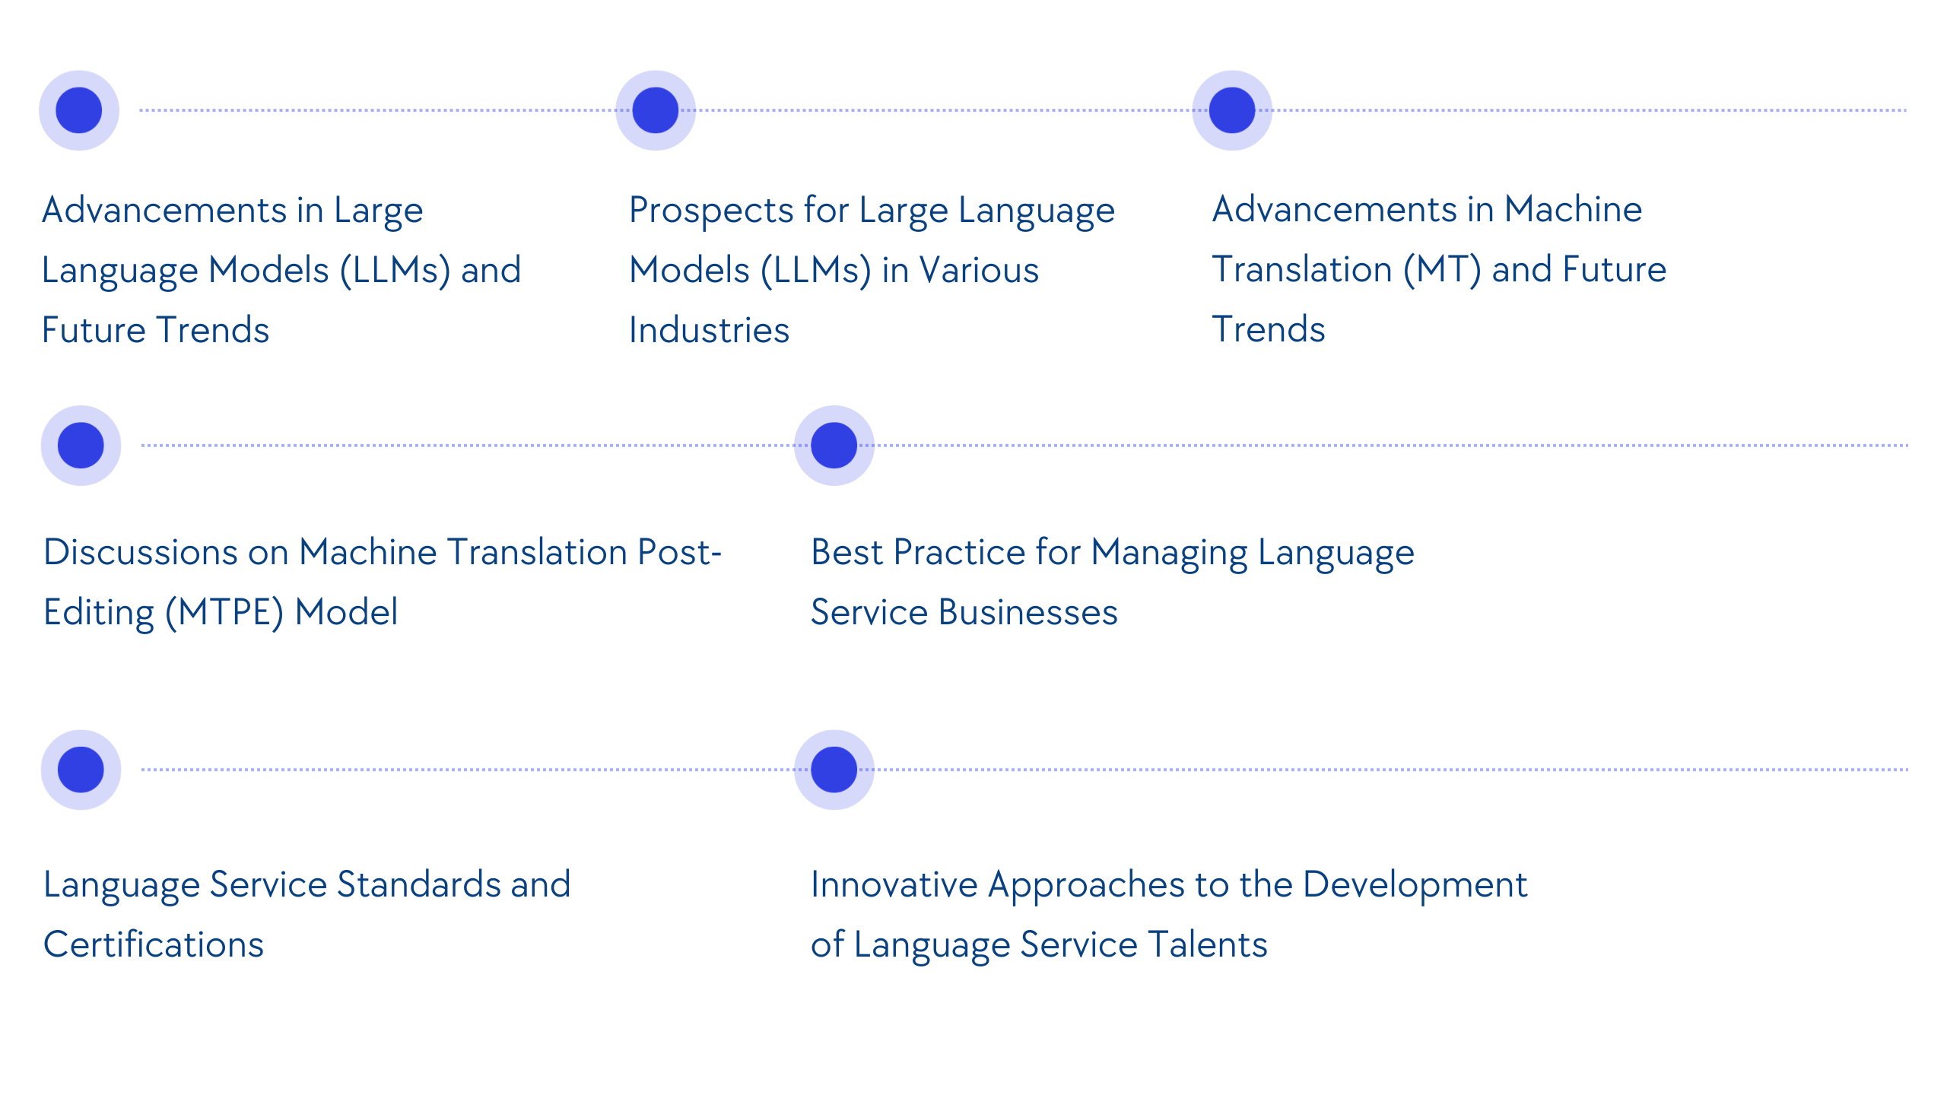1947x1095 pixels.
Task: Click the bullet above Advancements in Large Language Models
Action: (x=79, y=110)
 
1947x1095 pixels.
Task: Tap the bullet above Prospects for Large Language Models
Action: (x=655, y=110)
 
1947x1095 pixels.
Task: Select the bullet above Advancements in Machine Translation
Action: (x=1231, y=110)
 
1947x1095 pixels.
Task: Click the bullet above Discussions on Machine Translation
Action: (x=81, y=446)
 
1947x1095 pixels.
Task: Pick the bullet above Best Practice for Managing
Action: (x=834, y=446)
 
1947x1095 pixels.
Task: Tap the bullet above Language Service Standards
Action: (x=81, y=770)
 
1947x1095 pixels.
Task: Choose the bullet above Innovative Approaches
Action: (x=834, y=770)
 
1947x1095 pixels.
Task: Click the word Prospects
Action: (x=711, y=211)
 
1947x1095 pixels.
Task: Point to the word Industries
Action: (x=709, y=331)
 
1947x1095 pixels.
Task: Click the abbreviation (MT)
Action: (x=1442, y=270)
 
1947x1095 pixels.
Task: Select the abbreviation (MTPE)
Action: (x=224, y=613)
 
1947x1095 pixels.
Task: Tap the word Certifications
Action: (x=154, y=945)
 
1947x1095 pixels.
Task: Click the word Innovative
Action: (x=894, y=885)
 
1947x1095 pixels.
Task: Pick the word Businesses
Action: (x=1028, y=613)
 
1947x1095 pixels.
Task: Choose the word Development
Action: (x=1415, y=885)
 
